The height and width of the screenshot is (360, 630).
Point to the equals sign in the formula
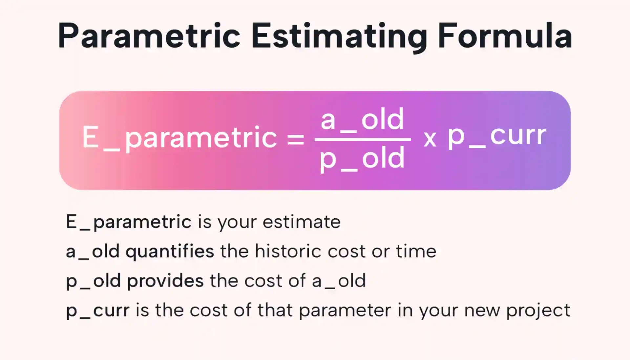296,139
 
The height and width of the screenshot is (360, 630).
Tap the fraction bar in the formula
363,139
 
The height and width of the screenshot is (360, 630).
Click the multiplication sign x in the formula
430,139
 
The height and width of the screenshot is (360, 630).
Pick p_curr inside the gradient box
497,137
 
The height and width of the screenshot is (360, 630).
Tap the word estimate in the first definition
302,222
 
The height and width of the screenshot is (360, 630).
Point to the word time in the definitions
416,251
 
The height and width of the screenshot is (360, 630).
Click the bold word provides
165,281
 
